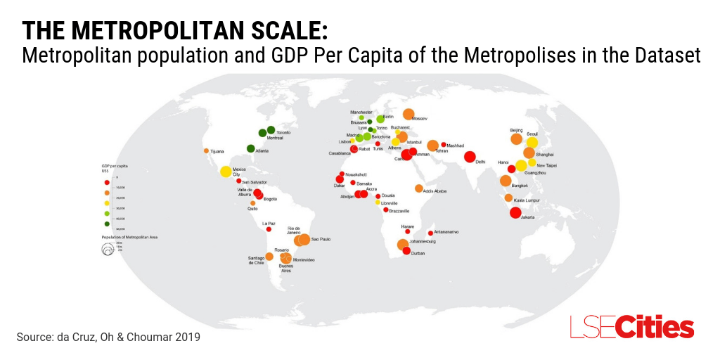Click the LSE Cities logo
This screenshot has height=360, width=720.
pos(631,328)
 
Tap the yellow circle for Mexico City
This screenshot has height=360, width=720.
pos(226,172)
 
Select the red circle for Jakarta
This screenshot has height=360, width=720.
pos(515,212)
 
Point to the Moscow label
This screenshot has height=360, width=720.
pos(420,119)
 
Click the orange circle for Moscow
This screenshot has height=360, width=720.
pos(409,114)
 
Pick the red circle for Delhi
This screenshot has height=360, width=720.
pos(470,157)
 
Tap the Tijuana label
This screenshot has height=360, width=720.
pos(217,151)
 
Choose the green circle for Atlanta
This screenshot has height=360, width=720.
pos(250,148)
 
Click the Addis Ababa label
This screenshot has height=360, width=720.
pos(435,191)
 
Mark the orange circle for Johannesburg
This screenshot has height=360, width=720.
pos(402,245)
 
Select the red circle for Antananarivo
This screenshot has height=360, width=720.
pos(430,233)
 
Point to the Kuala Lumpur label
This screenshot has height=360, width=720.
pos(527,200)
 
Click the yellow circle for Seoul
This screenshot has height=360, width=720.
pos(532,142)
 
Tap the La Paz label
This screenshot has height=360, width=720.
pos(269,224)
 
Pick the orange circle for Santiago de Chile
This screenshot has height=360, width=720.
pos(269,257)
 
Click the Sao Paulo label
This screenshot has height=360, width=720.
pos(321,240)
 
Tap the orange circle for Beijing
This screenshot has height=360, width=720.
pos(517,139)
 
